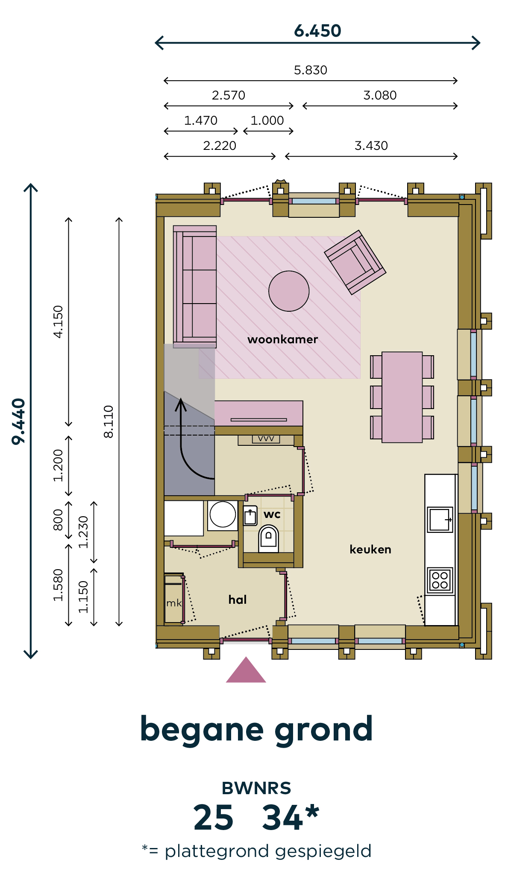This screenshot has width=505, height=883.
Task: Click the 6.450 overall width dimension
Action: coord(317,31)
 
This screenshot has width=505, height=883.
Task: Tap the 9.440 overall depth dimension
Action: coord(19,421)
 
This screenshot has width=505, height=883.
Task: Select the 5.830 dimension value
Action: coord(311,70)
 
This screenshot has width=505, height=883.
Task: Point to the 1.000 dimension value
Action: coord(267,120)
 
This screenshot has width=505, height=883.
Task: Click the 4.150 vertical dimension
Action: coord(58,322)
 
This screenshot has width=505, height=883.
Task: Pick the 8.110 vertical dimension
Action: coord(109,421)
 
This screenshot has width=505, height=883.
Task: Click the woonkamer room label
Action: coord(283,339)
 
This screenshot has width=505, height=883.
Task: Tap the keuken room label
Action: coord(370,549)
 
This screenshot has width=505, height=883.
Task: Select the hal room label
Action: coord(238,599)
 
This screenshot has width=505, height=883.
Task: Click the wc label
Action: coord(272,515)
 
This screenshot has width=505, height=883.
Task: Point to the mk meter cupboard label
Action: coord(174,603)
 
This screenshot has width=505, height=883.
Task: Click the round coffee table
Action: coord(289,291)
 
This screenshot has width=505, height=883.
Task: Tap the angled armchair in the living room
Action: coord(355,262)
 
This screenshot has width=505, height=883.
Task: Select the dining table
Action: coord(402,397)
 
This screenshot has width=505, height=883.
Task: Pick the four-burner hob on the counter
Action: coord(440,580)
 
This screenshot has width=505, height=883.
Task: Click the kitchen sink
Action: coord(440,519)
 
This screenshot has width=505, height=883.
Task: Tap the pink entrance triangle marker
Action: coord(246,670)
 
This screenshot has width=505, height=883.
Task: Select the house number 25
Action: coord(213,818)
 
